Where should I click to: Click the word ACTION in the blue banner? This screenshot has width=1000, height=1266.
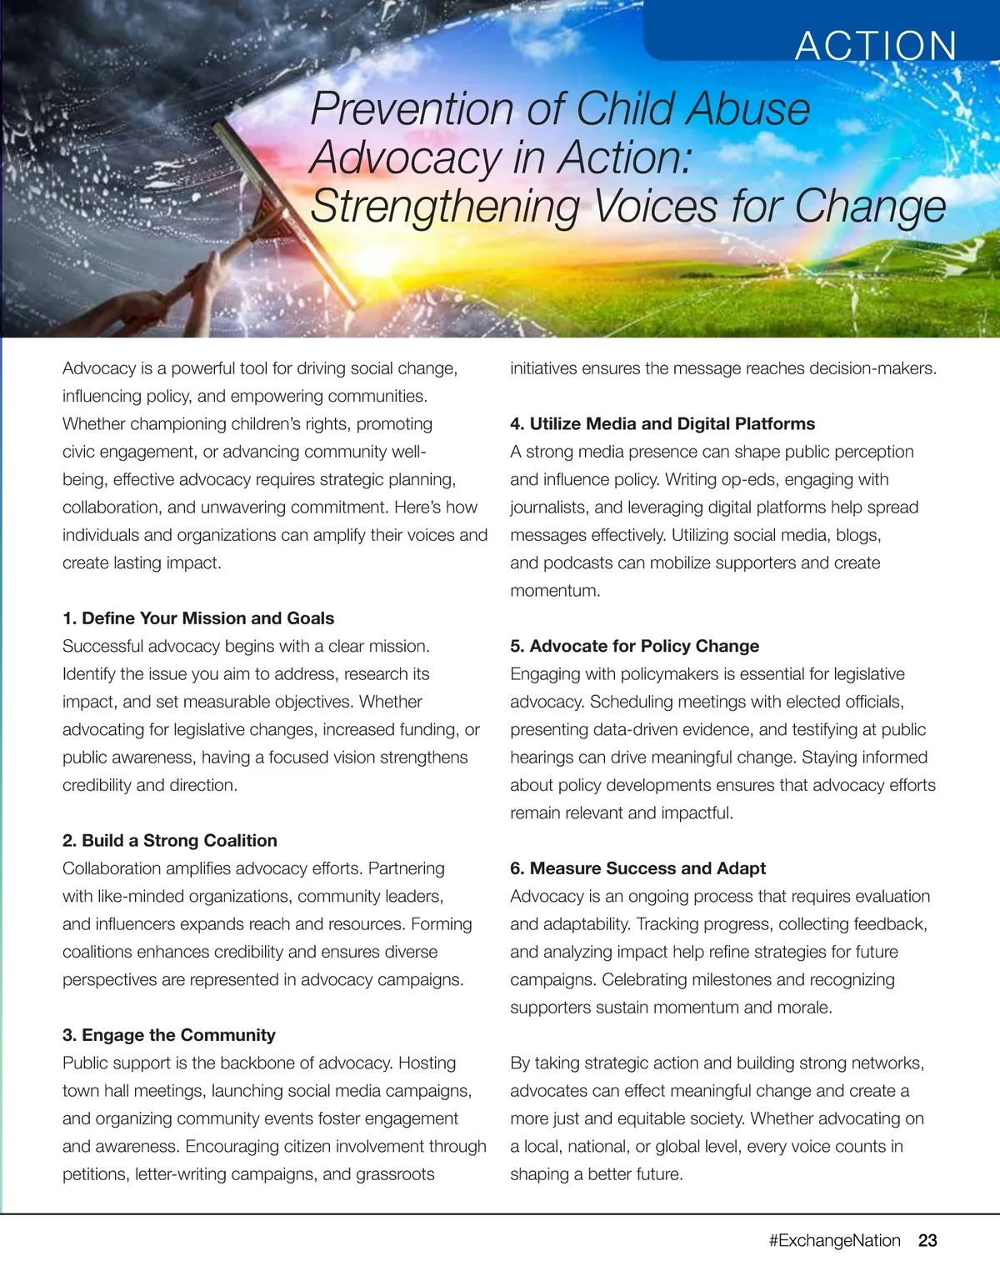876,46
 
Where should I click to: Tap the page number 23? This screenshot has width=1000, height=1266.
927,1240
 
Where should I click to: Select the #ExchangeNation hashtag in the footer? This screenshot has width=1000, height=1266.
834,1240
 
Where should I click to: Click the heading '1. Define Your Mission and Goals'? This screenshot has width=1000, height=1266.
198,618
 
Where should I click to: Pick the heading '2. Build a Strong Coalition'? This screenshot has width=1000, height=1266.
170,840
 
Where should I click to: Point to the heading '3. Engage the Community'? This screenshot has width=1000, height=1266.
169,1035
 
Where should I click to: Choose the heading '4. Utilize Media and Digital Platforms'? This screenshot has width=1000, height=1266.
662,423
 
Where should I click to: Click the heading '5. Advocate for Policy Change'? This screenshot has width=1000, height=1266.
634,646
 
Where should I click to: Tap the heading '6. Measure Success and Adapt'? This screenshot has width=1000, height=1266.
637,868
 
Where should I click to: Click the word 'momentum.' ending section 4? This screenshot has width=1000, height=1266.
555,591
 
